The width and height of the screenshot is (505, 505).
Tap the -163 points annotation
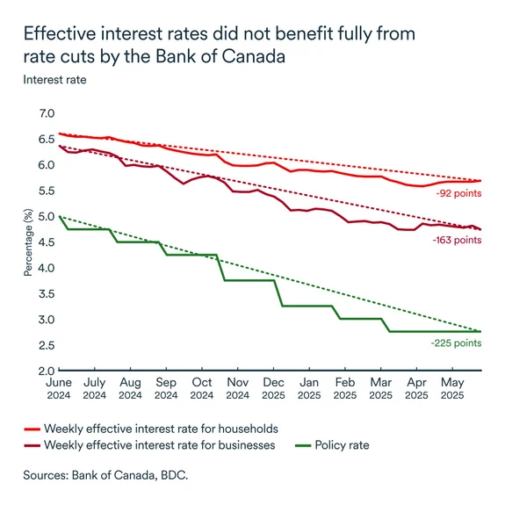click(456, 239)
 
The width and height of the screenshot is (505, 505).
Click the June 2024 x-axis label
click(58, 389)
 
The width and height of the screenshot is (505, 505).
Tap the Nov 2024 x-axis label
click(237, 389)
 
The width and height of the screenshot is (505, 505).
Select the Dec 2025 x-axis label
click(273, 389)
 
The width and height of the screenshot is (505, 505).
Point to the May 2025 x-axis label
click(452, 389)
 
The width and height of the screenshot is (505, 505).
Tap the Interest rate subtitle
click(54, 80)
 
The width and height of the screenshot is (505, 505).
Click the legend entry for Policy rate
click(341, 445)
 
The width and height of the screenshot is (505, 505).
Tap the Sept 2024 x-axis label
click(165, 389)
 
